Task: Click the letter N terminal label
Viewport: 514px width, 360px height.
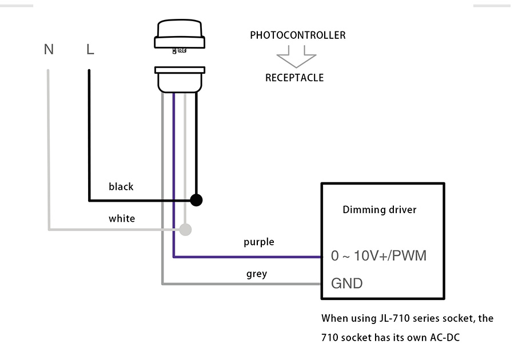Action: (x=49, y=50)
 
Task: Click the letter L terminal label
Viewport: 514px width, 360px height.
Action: (x=90, y=50)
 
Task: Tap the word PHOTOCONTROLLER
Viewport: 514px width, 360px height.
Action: (x=297, y=35)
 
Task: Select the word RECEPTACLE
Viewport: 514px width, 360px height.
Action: (x=294, y=78)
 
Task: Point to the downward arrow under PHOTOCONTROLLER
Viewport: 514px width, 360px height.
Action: (x=296, y=57)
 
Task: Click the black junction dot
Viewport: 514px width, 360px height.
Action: (x=196, y=200)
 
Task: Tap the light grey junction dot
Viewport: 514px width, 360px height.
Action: (x=185, y=230)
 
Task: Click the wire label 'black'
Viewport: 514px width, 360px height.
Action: (x=121, y=187)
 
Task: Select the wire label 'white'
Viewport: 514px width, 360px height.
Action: (x=122, y=218)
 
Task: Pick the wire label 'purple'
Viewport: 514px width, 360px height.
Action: (x=258, y=242)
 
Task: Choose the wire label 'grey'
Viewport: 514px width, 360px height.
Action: (x=257, y=274)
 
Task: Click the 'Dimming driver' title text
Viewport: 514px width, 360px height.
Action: (x=379, y=210)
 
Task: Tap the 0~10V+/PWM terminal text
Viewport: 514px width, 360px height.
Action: (x=378, y=255)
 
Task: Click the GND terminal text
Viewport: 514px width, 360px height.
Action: (x=346, y=283)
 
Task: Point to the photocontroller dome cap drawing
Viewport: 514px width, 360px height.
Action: (x=180, y=34)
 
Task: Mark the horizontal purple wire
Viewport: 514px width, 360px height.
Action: (x=246, y=257)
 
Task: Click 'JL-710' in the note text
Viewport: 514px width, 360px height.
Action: (x=397, y=318)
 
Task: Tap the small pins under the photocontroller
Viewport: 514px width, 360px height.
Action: (x=180, y=51)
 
